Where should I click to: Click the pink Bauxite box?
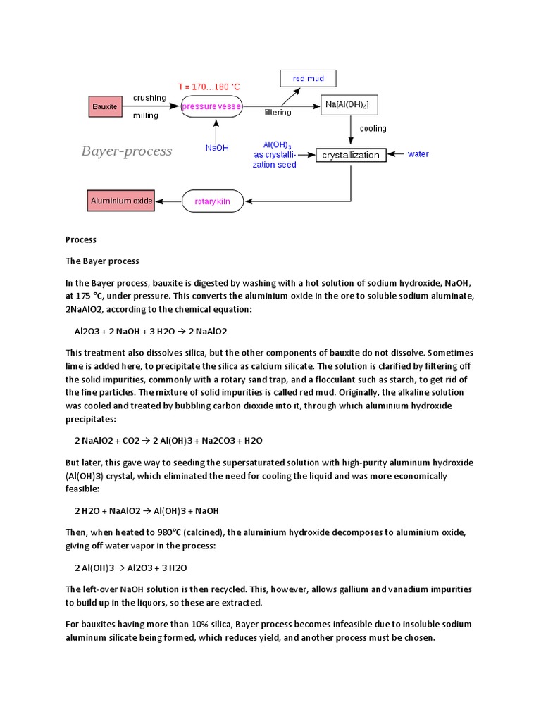coord(104,106)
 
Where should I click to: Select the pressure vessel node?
coord(212,106)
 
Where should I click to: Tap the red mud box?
coord(308,78)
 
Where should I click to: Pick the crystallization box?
coord(351,155)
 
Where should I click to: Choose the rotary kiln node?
coord(217,201)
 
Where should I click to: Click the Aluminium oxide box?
coord(121,201)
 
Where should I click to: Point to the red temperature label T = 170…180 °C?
coord(209,87)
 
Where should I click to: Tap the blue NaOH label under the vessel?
coord(216,148)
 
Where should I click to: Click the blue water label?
coord(418,154)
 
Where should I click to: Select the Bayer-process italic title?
coord(127,151)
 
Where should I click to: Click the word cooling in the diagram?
coord(373,129)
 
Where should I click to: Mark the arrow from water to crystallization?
coord(396,154)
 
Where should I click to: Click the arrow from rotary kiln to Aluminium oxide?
coord(169,201)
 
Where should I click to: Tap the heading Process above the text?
coord(81,240)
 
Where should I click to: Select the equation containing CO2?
coord(168,440)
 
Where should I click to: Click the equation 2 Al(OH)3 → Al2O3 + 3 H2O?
coord(130,568)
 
